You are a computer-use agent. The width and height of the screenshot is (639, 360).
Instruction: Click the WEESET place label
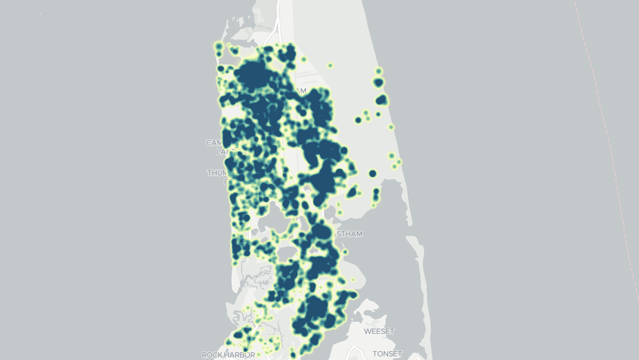tap(379, 331)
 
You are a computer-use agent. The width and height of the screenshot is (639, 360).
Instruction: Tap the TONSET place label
tap(387, 354)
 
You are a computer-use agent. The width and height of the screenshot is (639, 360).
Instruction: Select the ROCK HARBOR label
tap(228, 355)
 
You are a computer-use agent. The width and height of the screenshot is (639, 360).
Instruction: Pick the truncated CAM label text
tap(214, 143)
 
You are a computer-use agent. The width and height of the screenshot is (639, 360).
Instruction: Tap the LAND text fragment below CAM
tap(224, 152)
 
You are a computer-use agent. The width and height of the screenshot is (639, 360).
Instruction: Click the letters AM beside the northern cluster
tap(301, 91)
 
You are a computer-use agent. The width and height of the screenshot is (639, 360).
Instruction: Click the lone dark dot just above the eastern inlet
tap(373, 173)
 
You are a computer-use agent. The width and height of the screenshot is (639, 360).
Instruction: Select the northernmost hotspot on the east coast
tap(379, 71)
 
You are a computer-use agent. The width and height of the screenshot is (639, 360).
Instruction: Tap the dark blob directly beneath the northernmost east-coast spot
tap(378, 82)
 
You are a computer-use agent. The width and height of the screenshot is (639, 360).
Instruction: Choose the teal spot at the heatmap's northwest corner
tap(219, 47)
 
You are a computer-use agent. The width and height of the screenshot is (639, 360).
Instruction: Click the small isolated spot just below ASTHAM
tap(345, 252)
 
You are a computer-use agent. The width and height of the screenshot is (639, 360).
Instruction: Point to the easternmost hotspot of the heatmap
tap(399, 162)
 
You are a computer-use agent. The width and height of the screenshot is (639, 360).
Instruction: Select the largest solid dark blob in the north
tap(252, 74)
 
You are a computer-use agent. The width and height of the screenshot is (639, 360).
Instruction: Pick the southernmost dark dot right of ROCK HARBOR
tap(293, 355)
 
